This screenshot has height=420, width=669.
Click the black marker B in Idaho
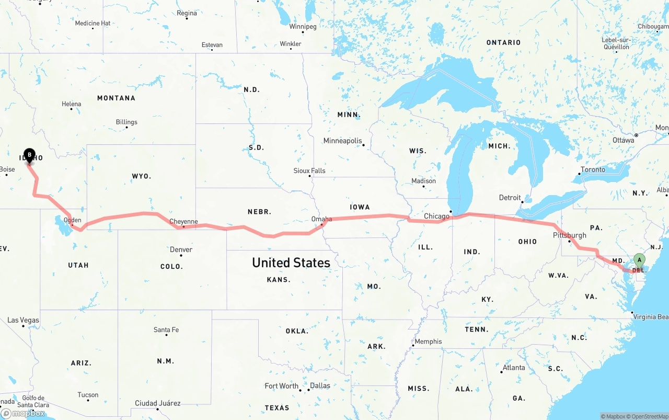(29, 155)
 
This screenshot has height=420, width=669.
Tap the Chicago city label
(436, 216)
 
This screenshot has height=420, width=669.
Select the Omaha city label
(321, 219)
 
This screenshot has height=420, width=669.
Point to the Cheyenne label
(183, 221)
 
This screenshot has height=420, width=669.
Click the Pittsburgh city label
(569, 235)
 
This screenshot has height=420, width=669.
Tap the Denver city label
(181, 249)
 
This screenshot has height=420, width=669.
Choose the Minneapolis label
(342, 141)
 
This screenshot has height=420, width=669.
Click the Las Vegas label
(23, 320)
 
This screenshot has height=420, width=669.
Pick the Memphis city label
(428, 342)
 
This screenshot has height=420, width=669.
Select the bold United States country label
(291, 263)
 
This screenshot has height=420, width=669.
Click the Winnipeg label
(303, 26)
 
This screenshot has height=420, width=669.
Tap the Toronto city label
(593, 169)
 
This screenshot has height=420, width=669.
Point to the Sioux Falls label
(309, 171)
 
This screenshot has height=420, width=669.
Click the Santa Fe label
(166, 330)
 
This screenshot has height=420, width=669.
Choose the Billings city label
(126, 122)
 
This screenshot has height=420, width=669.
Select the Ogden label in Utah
(72, 220)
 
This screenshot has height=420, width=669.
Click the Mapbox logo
(22, 413)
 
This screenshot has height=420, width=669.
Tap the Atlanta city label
(513, 368)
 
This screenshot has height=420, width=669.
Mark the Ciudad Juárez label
(157, 403)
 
